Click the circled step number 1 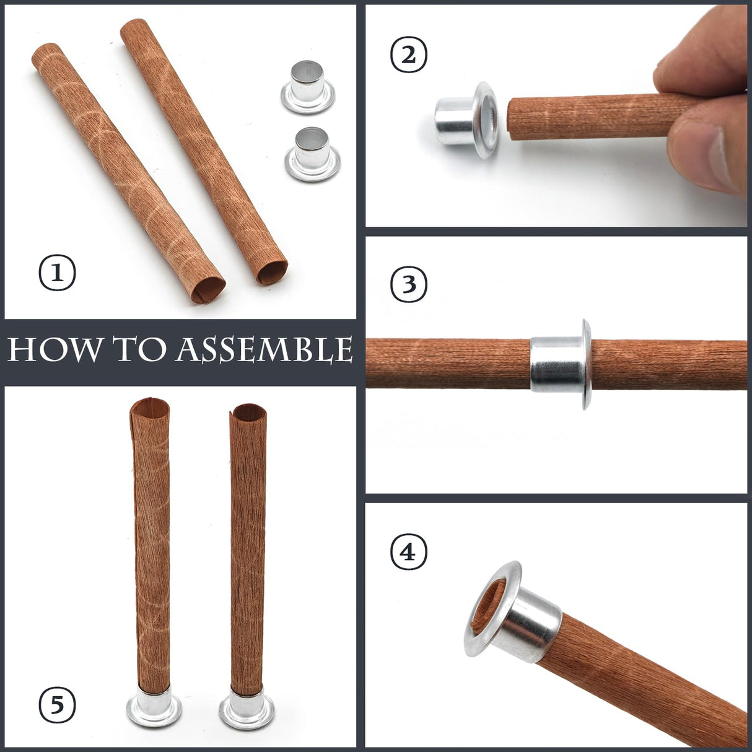click(58, 273)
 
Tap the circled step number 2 click(409, 55)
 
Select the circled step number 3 click(409, 284)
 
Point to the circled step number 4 click(409, 551)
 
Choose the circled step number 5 click(58, 704)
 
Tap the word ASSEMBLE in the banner click(265, 350)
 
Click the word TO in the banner click(140, 350)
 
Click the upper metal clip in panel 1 click(307, 87)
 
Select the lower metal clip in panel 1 click(312, 154)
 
